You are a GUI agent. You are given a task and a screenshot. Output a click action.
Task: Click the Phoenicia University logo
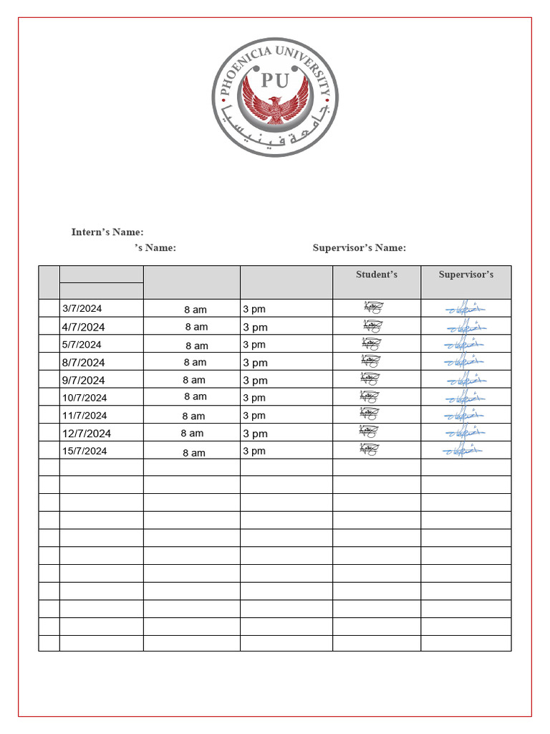point(275,97)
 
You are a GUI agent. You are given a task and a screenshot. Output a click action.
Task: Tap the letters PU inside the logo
point(275,80)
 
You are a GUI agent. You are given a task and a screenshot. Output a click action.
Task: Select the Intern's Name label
point(107,232)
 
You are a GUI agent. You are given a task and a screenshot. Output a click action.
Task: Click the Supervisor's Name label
point(359,248)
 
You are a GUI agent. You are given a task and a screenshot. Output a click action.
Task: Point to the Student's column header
point(377,275)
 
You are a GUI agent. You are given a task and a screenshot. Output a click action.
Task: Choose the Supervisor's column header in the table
point(465,275)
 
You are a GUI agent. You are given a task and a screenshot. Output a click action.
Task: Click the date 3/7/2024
point(82,309)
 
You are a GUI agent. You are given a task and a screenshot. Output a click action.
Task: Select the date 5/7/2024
point(82,344)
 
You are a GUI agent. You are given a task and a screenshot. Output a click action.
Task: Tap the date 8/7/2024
point(84,363)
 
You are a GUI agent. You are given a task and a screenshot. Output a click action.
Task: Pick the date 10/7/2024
point(85,398)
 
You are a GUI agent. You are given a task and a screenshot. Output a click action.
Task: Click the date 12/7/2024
point(87,434)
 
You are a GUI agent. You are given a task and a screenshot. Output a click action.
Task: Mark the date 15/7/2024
point(85,451)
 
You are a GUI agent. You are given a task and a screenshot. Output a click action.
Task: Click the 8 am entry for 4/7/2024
point(196,327)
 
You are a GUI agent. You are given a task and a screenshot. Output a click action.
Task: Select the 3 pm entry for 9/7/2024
point(255,381)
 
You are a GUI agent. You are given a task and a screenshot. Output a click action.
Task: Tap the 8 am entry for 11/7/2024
point(193,416)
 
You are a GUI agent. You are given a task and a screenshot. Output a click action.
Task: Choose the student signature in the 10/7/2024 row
point(371,396)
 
